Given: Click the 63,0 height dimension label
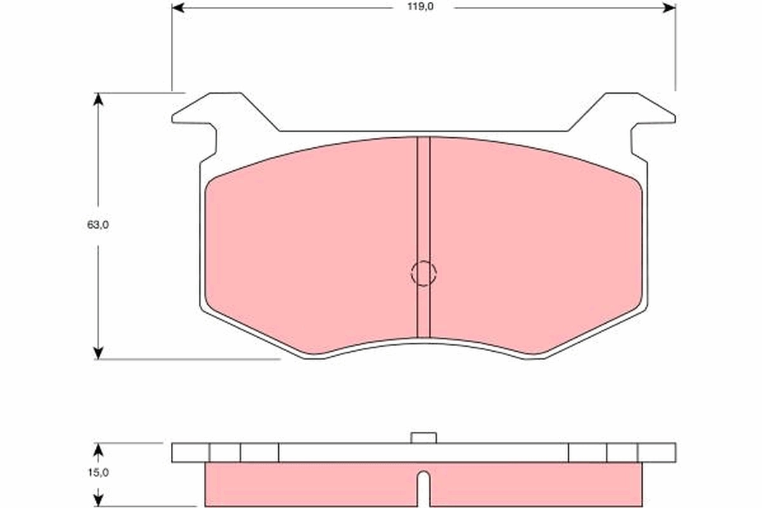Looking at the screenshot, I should click(98, 225).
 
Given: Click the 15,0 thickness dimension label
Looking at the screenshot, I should click(98, 472).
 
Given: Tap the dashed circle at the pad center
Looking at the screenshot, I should click(424, 274).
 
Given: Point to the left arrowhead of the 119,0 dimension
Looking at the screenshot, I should click(178, 8).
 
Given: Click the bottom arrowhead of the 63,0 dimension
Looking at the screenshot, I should click(98, 352).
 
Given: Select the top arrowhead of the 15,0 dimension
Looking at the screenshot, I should click(98, 449).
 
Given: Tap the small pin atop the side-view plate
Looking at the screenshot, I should click(424, 438).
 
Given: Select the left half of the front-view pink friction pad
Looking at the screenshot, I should click(311, 248).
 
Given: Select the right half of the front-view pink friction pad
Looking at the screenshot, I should click(537, 248).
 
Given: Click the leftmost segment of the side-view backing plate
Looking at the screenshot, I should click(190, 452).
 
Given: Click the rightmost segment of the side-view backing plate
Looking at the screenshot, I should click(657, 452).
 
